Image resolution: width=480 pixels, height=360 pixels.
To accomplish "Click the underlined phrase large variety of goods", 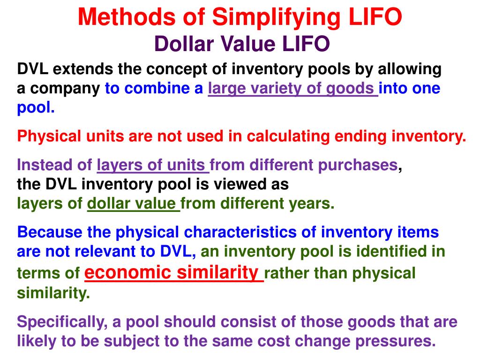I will click(x=293, y=89).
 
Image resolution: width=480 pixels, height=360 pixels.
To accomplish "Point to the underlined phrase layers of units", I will click(x=153, y=165).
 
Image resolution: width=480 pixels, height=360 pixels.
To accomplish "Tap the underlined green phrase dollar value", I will click(x=134, y=204).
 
